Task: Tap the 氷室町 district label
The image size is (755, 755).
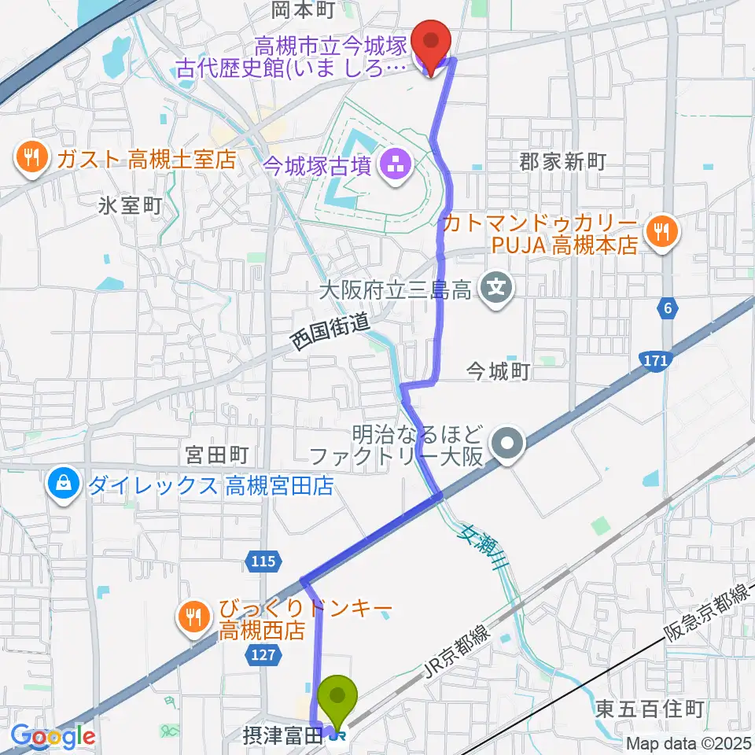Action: (131, 206)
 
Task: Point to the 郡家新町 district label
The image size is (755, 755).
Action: (562, 161)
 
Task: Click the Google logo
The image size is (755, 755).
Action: (53, 736)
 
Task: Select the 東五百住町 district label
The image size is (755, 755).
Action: (649, 709)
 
